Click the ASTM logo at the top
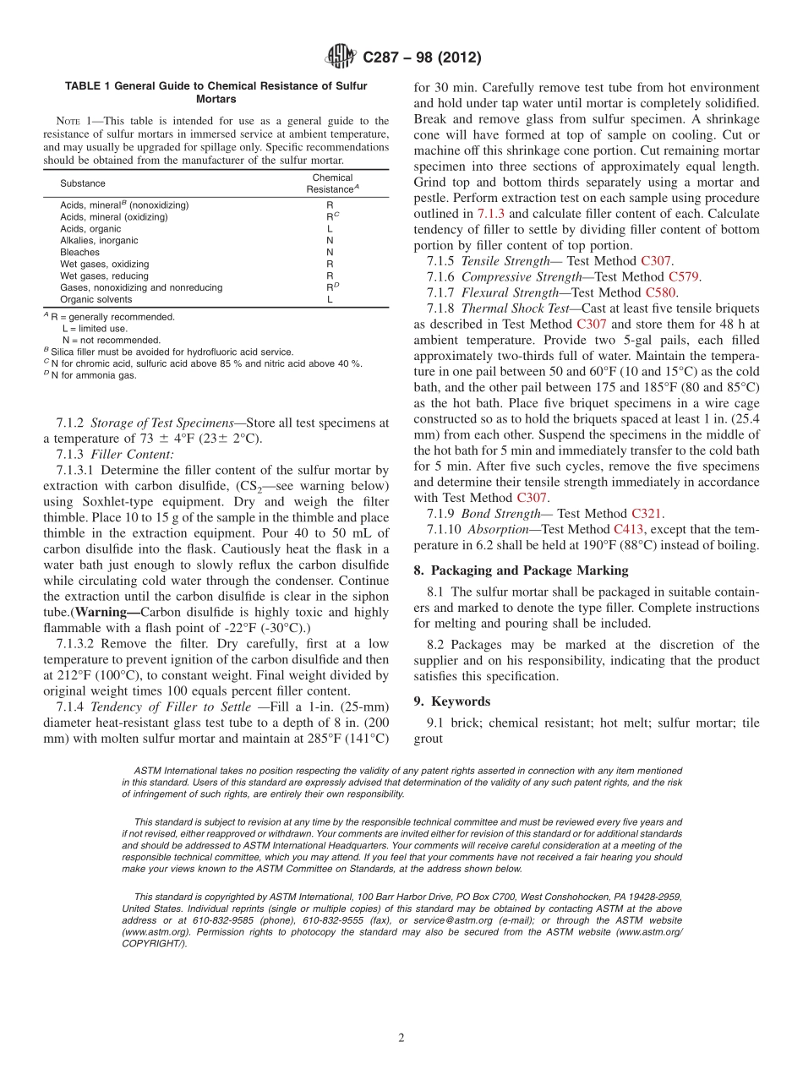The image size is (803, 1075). (340, 57)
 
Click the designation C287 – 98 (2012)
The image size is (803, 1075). (422, 57)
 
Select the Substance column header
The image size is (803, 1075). (83, 183)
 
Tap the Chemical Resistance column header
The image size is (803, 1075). (332, 183)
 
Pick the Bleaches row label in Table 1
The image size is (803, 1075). (79, 252)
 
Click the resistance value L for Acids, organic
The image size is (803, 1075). (330, 228)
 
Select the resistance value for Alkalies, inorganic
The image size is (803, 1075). (330, 240)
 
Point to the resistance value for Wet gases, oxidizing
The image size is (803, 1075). (330, 264)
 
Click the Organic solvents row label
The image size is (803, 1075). (96, 299)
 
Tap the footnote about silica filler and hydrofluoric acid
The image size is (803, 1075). (172, 352)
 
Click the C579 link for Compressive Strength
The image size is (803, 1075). (684, 276)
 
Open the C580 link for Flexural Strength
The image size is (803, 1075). (660, 292)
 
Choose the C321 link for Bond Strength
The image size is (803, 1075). (647, 513)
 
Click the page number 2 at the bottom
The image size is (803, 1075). (401, 1039)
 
